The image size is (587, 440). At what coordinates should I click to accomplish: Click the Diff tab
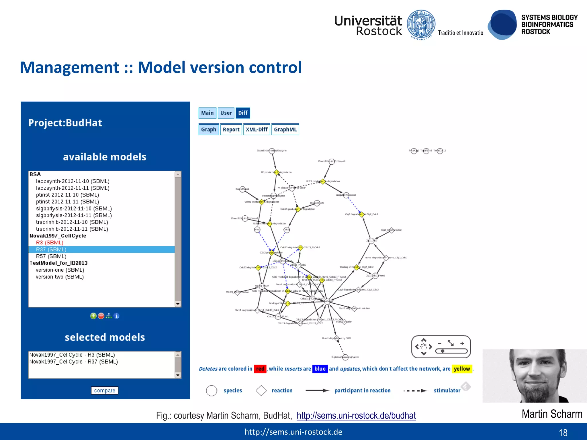(x=242, y=113)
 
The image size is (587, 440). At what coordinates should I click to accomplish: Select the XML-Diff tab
(x=257, y=129)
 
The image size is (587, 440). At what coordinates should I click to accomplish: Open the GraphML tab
(x=285, y=129)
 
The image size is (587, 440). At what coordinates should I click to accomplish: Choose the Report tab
(x=231, y=129)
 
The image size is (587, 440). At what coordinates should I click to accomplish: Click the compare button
(x=105, y=390)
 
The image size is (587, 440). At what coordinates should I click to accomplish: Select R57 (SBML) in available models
(x=51, y=256)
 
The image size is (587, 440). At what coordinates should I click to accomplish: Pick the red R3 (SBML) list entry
(x=50, y=243)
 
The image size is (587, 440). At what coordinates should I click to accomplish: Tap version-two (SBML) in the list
(x=60, y=277)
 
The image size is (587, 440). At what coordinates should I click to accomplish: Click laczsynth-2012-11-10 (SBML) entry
(x=73, y=181)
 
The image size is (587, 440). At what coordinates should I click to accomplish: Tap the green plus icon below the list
(x=93, y=316)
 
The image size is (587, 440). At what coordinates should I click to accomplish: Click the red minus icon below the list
(x=101, y=316)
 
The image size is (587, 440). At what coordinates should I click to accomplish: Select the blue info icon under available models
(x=116, y=316)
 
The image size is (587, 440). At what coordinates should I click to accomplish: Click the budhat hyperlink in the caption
(x=356, y=415)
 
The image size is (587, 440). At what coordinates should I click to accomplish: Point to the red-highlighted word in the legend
(x=260, y=369)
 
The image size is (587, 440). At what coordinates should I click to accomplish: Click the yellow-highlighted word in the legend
(x=462, y=369)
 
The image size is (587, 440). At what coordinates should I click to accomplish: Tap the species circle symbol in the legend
(x=212, y=390)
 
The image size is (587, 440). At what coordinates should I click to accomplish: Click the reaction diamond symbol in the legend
(x=261, y=390)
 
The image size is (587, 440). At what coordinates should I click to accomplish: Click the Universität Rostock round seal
(x=421, y=25)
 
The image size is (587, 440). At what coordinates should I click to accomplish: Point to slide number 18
(x=563, y=433)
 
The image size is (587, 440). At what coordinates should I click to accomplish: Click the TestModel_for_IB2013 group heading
(x=58, y=263)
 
